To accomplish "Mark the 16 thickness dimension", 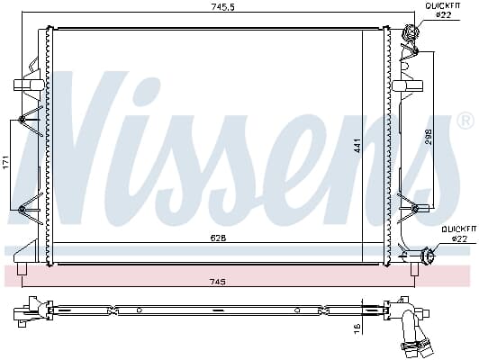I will point(357,329).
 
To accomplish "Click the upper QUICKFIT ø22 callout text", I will point(443,10).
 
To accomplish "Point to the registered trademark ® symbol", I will point(465,120).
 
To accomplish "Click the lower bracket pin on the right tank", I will point(413,209).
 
